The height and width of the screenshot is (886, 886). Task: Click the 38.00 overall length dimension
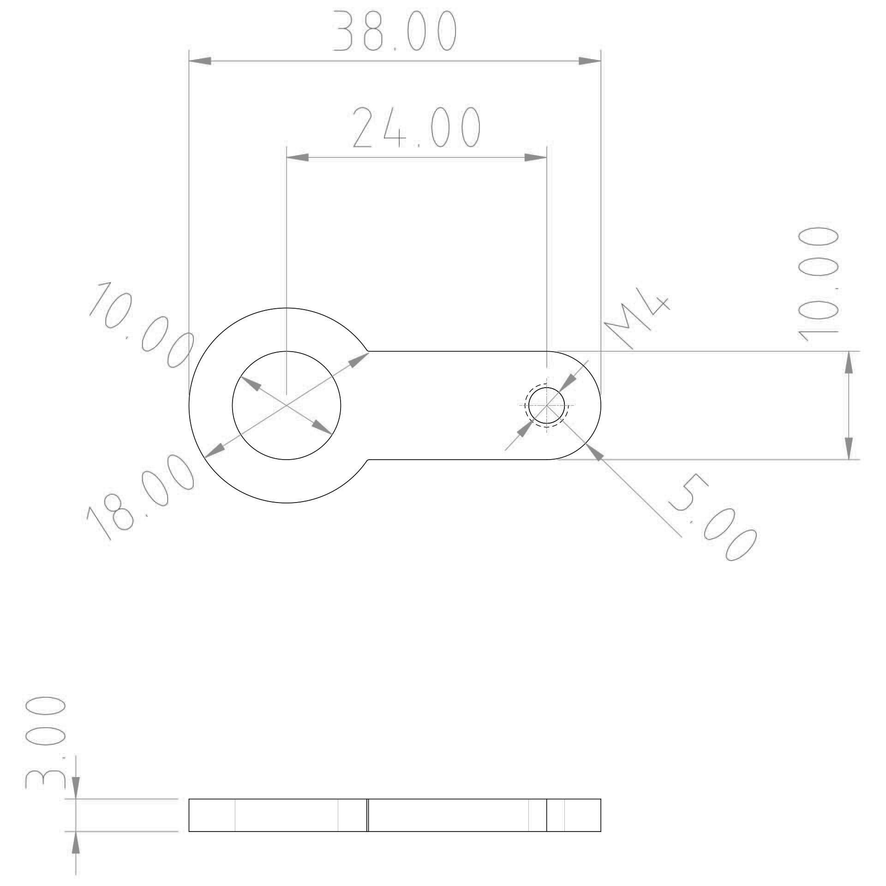(395, 31)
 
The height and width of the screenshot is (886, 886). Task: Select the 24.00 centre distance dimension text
(417, 127)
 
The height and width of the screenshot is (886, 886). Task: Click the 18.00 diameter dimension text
(140, 497)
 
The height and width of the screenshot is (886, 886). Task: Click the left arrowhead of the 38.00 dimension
(200, 61)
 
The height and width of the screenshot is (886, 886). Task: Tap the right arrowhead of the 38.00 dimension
(590, 61)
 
